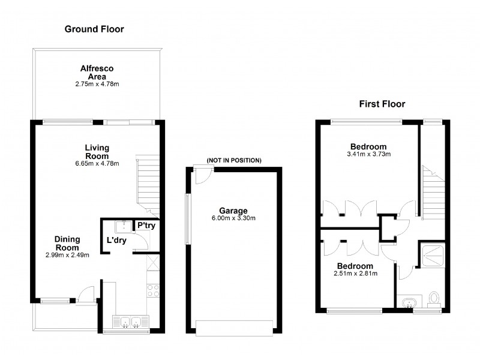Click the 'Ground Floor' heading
click(94, 29)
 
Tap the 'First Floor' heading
click(382, 104)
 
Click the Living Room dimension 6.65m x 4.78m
click(97, 163)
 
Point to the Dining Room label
click(68, 242)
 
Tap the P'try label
click(146, 226)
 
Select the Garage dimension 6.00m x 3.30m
click(233, 218)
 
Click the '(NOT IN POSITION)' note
click(234, 160)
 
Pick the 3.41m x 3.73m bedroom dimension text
click(368, 154)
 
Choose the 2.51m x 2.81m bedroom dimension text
click(355, 274)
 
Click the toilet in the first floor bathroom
click(435, 298)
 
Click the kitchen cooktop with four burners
click(153, 290)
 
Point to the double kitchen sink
click(130, 323)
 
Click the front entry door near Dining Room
click(88, 294)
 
